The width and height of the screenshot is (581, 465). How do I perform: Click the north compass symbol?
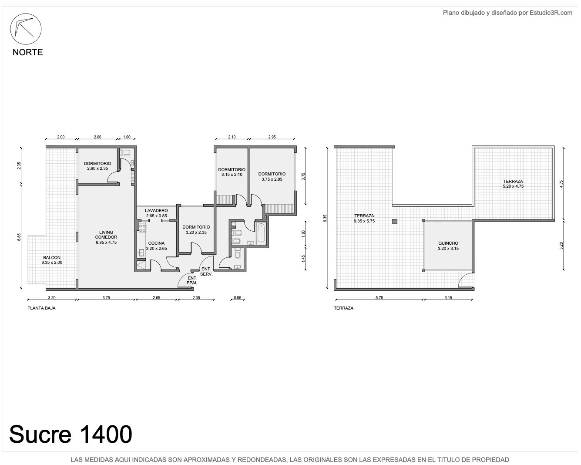(26, 29)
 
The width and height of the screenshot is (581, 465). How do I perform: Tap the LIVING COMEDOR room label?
(106, 235)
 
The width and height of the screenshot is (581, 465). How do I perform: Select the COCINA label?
(156, 243)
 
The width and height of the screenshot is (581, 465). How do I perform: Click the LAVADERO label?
(156, 210)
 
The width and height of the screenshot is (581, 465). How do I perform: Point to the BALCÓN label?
(52, 257)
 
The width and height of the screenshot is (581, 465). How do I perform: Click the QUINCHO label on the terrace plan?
(448, 243)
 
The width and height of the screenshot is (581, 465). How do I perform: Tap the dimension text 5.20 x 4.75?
(513, 186)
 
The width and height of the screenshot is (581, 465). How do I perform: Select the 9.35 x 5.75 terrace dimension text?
(364, 221)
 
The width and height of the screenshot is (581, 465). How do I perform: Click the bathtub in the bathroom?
(261, 232)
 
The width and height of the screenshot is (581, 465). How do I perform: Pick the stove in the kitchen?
(143, 228)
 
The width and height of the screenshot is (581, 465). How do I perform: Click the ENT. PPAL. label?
(192, 280)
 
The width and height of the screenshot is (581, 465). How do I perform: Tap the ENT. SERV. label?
(206, 272)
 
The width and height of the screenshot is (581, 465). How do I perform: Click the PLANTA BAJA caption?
(41, 308)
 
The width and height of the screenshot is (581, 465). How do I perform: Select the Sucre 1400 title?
(71, 434)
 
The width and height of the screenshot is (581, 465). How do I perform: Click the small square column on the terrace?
(394, 222)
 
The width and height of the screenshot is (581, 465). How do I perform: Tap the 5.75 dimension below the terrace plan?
(379, 297)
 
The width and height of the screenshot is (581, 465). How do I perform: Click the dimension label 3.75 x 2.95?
(272, 179)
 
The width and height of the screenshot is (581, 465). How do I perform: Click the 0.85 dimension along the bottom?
(238, 297)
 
